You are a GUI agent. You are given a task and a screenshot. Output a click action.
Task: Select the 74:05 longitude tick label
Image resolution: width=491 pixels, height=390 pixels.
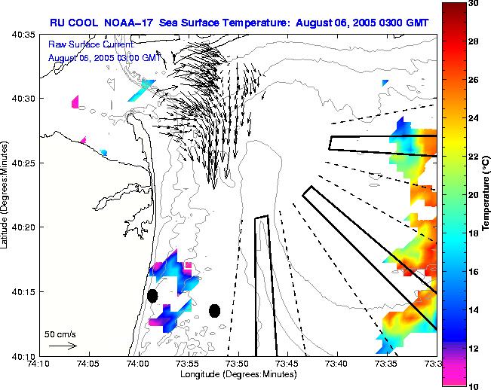click(x=88, y=364)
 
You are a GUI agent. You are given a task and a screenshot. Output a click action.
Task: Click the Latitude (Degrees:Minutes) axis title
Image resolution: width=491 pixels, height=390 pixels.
click(x=6, y=194)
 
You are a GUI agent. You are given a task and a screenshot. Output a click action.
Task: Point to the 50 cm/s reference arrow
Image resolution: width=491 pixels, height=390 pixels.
click(x=63, y=346)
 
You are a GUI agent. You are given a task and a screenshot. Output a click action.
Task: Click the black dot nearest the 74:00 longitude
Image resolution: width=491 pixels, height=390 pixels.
click(x=152, y=295)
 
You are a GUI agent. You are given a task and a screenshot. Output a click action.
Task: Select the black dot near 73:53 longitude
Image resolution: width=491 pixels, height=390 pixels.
click(x=214, y=310)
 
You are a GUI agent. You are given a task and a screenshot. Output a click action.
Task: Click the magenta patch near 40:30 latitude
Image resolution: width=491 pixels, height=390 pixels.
click(x=75, y=102)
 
